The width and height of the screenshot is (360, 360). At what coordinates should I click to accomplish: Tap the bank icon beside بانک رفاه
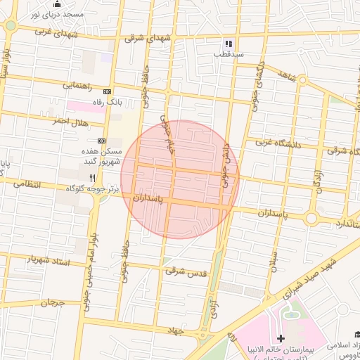(x=107, y=91)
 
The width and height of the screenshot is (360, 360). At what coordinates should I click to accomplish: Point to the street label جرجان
(x=51, y=303)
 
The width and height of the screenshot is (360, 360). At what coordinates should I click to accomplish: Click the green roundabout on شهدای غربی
(x=10, y=26)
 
